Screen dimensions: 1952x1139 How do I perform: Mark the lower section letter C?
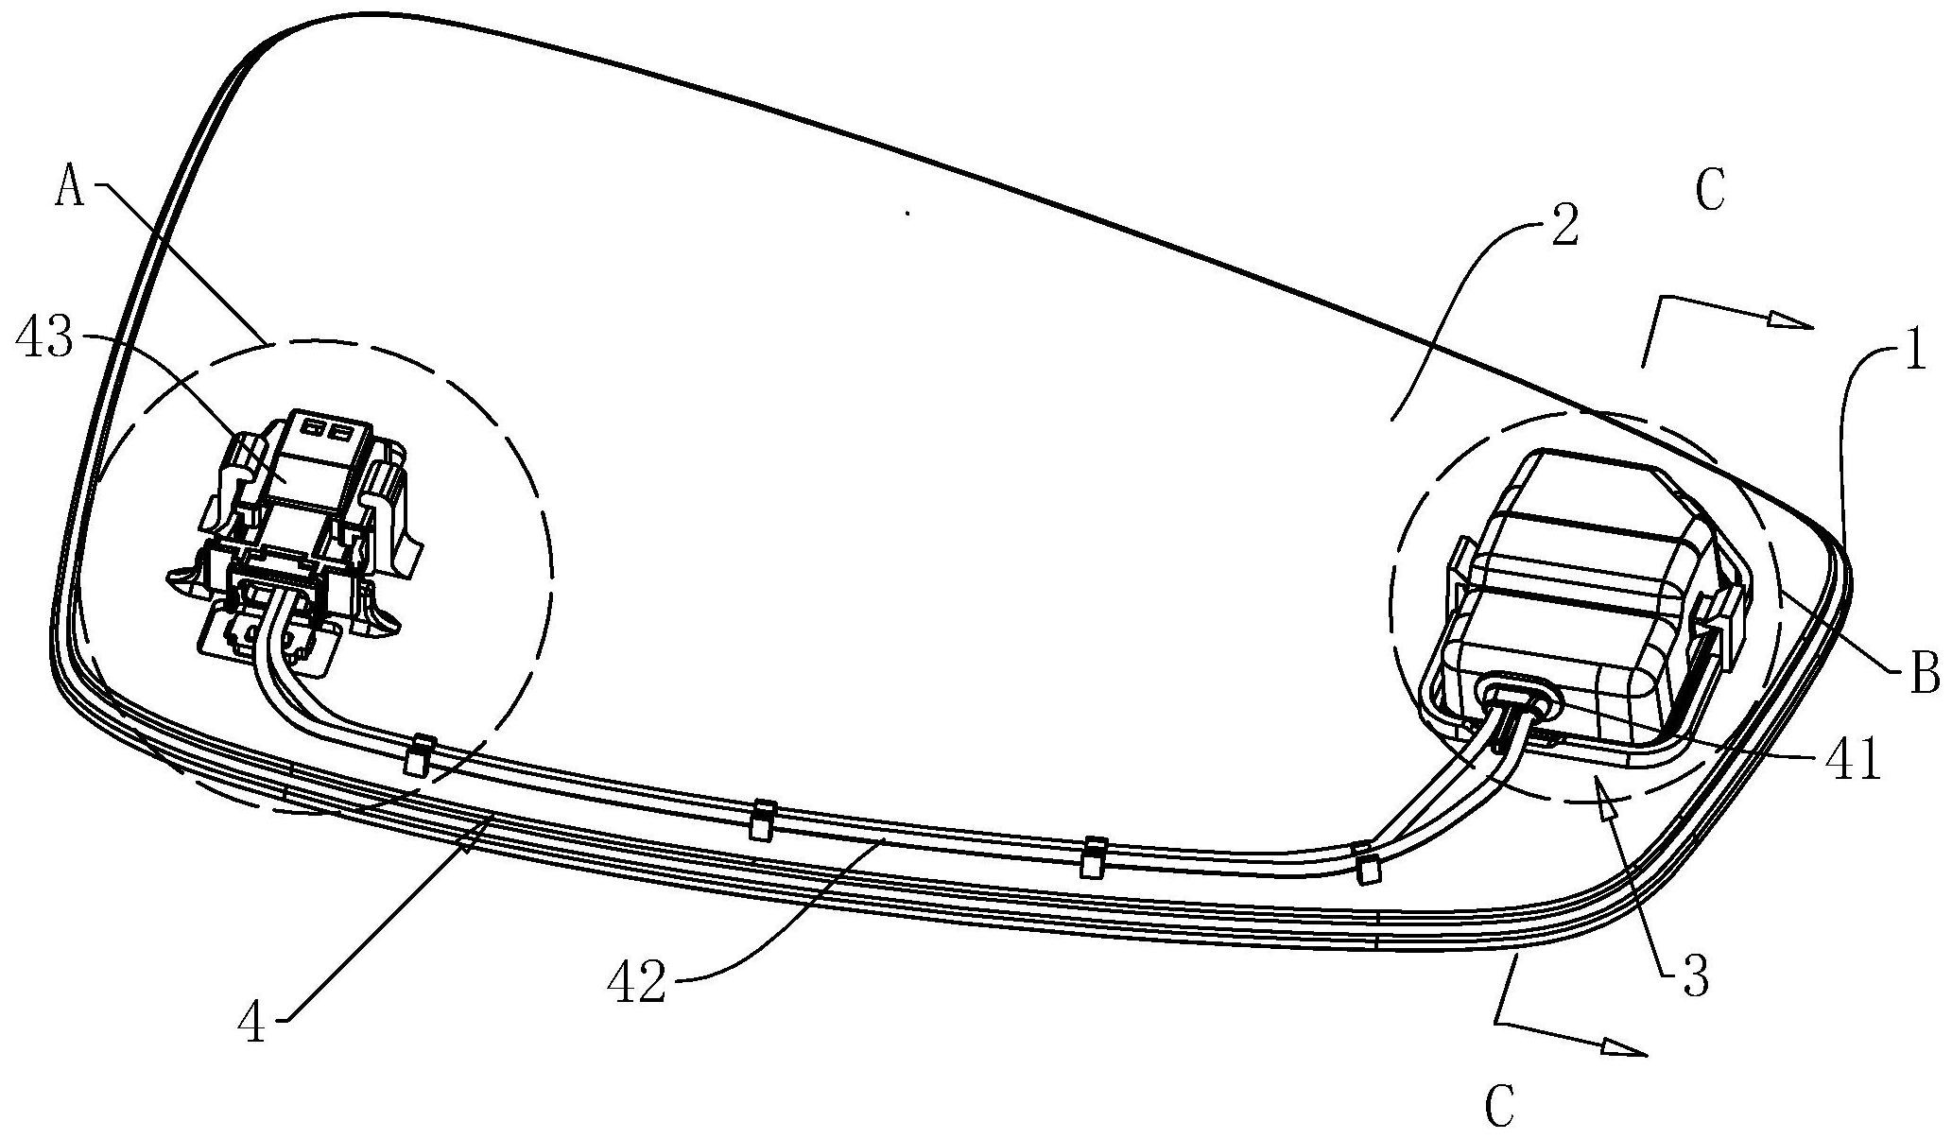point(1500,1106)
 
